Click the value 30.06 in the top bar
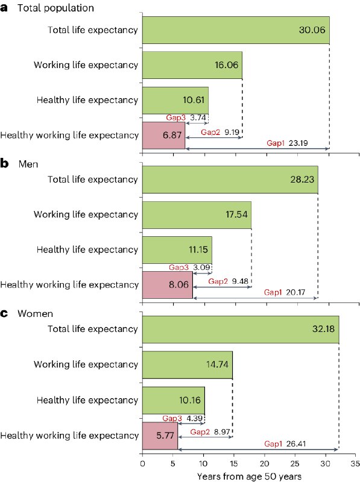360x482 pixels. click(x=312, y=30)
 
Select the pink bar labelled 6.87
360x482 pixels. click(x=163, y=135)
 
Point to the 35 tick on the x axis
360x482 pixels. click(x=355, y=464)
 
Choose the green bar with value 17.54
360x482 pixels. click(x=197, y=214)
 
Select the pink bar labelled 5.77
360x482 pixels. click(x=160, y=435)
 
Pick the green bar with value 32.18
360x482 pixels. click(x=240, y=330)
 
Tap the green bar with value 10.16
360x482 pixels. click(x=173, y=400)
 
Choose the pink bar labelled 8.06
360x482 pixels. click(x=167, y=285)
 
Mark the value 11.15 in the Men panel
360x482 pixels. click(x=198, y=249)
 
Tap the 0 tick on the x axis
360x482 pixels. click(x=142, y=464)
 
